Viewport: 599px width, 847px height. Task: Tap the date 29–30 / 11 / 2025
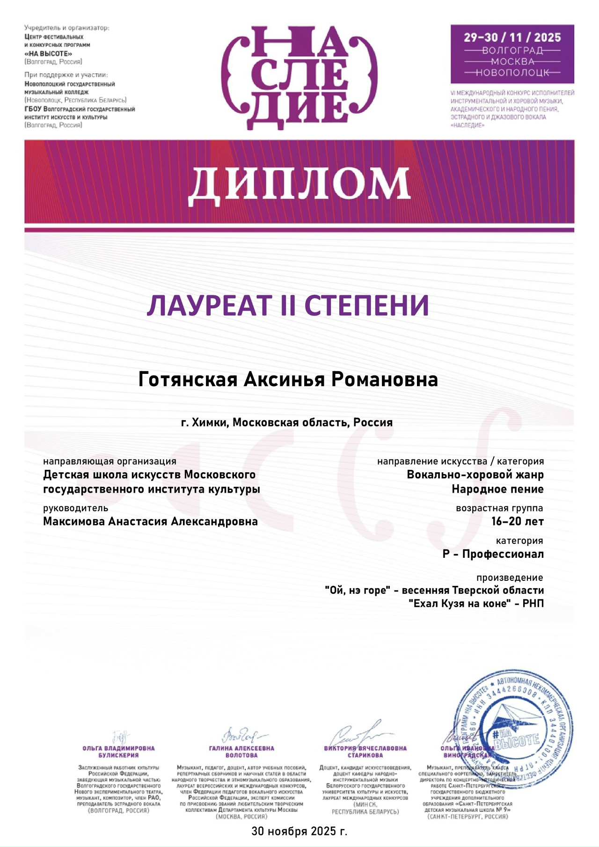[512, 38]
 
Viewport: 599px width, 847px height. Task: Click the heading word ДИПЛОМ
[299, 183]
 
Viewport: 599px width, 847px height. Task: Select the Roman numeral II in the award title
[287, 306]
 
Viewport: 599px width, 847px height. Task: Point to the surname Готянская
[188, 380]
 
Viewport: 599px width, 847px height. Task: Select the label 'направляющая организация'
[110, 461]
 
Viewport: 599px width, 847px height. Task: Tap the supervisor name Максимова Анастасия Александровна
[150, 521]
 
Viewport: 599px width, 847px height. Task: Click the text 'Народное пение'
[497, 489]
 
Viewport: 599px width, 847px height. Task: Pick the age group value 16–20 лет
[517, 521]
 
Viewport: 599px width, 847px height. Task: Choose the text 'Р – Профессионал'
[493, 554]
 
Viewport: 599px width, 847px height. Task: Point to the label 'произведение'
[510, 578]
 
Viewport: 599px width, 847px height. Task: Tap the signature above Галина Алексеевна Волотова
[243, 736]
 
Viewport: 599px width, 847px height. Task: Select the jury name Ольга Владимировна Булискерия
[118, 752]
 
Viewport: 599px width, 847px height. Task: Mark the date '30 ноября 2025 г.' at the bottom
[299, 831]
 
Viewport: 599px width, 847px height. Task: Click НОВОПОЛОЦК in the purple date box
[512, 73]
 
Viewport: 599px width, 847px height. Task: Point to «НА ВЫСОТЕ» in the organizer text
[48, 53]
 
